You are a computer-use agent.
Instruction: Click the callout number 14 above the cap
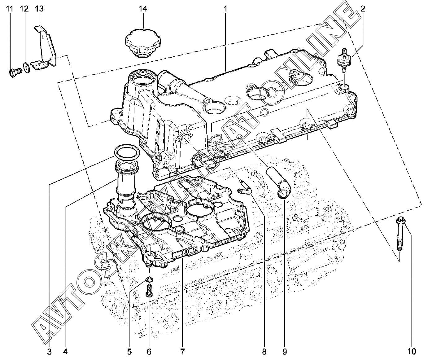143,9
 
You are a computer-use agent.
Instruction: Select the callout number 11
9,9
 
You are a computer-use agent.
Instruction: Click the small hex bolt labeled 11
15,72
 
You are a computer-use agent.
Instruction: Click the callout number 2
363,9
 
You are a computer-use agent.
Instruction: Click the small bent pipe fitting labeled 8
244,187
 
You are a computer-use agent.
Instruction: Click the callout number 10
412,351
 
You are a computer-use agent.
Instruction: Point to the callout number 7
182,351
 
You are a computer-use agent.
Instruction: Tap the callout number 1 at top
225,9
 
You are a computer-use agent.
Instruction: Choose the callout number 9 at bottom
285,351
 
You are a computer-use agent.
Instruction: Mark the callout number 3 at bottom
49,351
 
